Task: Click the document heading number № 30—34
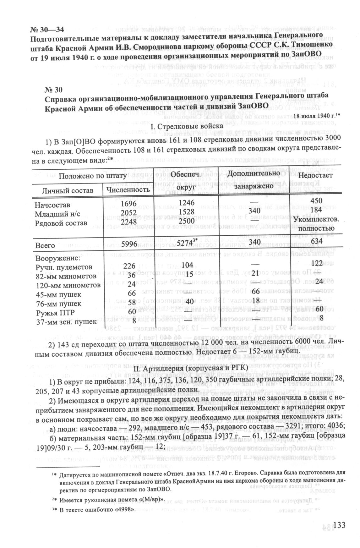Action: click(x=47, y=30)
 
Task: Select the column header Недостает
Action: click(x=315, y=176)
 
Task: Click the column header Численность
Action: click(x=128, y=190)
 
